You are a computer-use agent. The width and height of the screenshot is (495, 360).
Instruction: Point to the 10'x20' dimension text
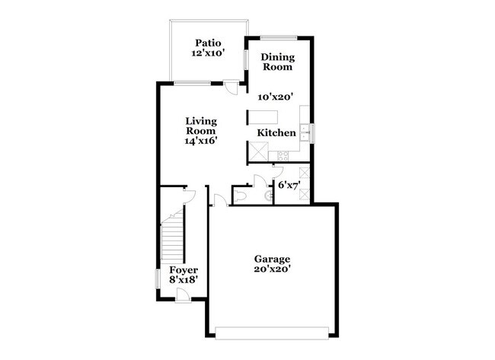click(x=276, y=97)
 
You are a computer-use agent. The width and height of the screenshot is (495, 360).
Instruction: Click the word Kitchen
click(x=276, y=133)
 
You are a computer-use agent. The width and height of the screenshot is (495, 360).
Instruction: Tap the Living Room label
click(x=201, y=126)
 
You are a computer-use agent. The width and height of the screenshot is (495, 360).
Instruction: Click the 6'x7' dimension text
click(x=292, y=185)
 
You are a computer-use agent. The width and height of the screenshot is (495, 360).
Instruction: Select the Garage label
click(x=272, y=258)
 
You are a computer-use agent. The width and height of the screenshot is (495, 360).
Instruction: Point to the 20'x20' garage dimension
click(x=272, y=269)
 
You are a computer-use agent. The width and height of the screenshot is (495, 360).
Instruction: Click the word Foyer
click(x=184, y=270)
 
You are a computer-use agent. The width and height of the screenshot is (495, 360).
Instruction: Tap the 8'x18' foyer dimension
click(x=184, y=281)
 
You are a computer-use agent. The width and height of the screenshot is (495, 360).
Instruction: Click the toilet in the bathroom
click(x=241, y=196)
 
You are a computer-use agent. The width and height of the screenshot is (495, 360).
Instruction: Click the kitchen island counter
click(x=264, y=118)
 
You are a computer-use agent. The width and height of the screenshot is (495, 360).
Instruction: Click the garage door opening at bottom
click(x=272, y=331)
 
